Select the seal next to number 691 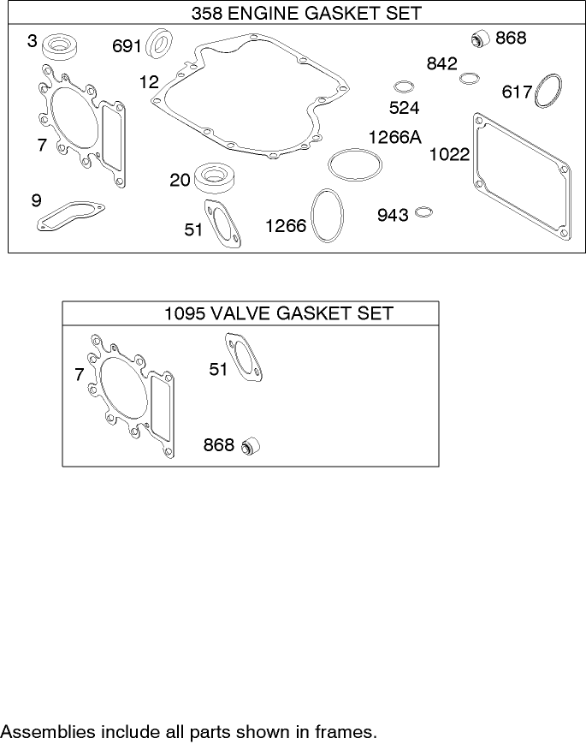click(x=159, y=45)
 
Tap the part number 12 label click(x=149, y=82)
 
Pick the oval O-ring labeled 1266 click(x=328, y=215)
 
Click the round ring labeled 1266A click(x=352, y=165)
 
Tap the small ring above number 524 click(x=404, y=87)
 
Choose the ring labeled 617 click(x=548, y=92)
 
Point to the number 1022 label click(x=449, y=154)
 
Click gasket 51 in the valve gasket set click(x=246, y=360)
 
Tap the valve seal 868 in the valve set click(x=251, y=446)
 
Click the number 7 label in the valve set click(x=79, y=374)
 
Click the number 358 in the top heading click(x=208, y=14)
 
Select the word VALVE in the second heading click(x=241, y=313)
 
